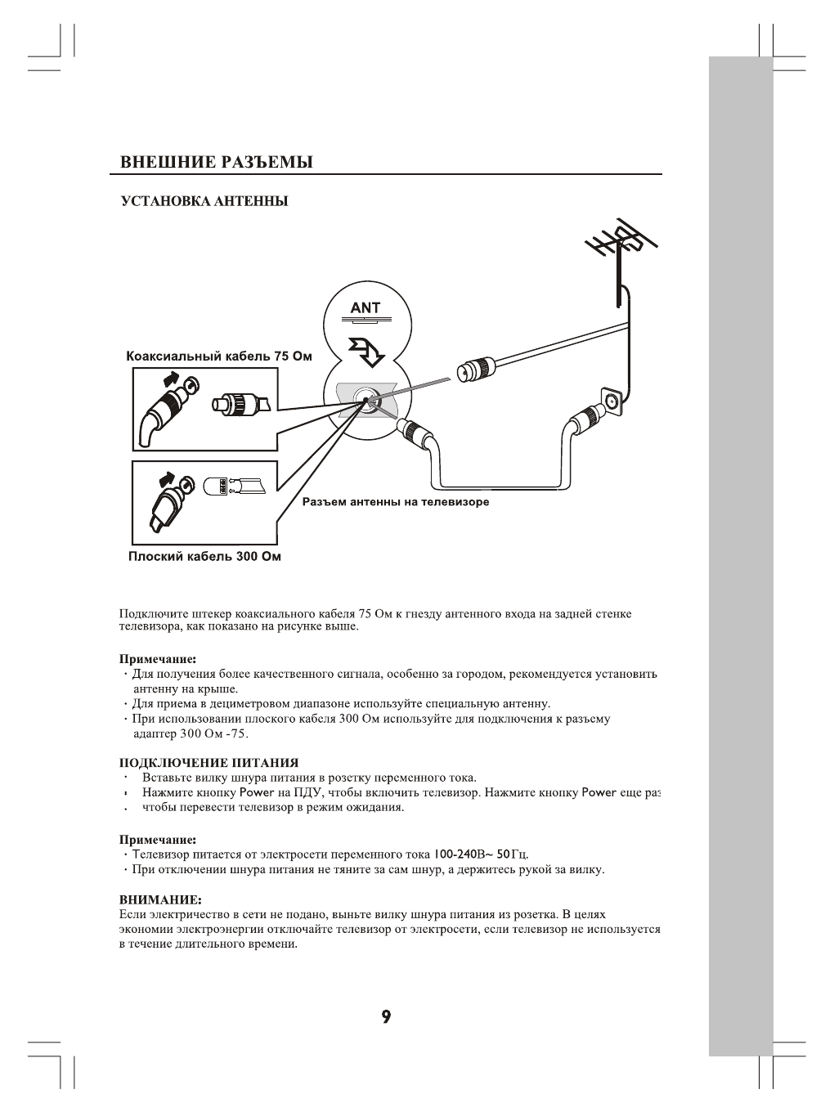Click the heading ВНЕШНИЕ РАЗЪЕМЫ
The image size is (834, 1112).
(216, 162)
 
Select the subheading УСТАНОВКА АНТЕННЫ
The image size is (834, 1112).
(204, 201)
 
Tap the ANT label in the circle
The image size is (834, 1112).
(365, 308)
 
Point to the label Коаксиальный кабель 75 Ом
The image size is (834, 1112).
(219, 356)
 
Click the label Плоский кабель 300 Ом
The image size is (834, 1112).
(204, 557)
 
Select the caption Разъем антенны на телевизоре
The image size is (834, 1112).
(396, 502)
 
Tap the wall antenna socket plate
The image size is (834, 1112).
(610, 401)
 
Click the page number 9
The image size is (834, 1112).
(386, 1017)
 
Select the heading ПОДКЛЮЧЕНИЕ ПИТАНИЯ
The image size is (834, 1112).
(209, 763)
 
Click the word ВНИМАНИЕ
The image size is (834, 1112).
(160, 899)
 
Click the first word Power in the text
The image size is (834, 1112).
(245, 792)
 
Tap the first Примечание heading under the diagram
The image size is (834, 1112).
(158, 658)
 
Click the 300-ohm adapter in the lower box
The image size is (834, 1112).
(218, 486)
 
